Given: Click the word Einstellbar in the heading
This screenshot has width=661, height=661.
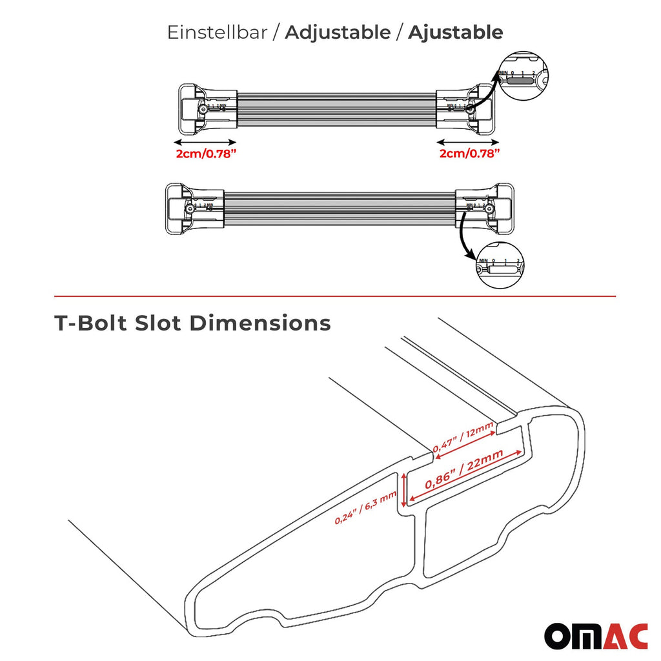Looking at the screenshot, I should (x=217, y=32).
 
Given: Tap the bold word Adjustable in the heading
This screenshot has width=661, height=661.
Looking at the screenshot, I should (x=338, y=32).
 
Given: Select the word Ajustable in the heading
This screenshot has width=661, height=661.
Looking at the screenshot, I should (x=455, y=32).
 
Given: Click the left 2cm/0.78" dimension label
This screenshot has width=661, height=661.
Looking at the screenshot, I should (x=203, y=154).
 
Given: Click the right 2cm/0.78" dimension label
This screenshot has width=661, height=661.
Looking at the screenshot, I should (x=470, y=154).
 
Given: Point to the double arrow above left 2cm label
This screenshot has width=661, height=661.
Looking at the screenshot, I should (x=205, y=141).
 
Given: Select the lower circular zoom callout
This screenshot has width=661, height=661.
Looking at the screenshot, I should (x=501, y=265).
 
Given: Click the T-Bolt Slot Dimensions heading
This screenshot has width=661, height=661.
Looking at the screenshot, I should (x=192, y=323).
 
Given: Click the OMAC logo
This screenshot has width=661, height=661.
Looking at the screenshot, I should (x=595, y=635).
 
